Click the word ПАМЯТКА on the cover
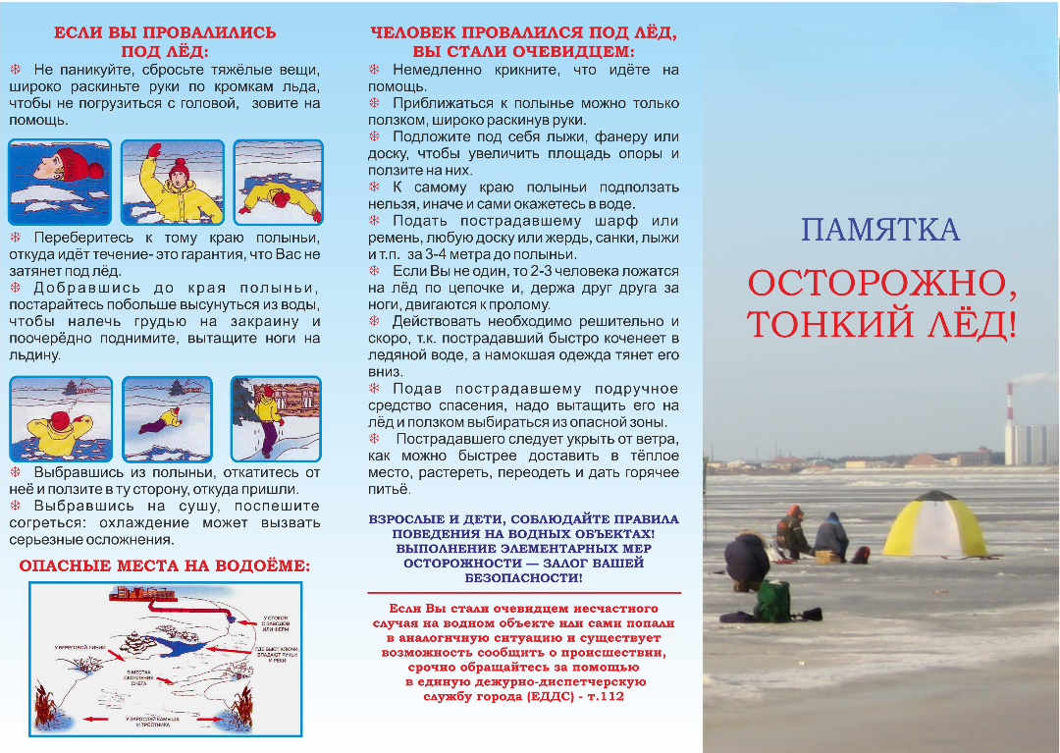(879, 230)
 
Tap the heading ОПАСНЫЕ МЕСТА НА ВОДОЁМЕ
(165, 566)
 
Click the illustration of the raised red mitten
(154, 152)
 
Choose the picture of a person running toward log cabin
(262, 417)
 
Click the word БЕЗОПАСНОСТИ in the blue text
(524, 578)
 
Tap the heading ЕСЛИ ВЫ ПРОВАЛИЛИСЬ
(165, 32)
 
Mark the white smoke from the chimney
(1036, 378)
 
